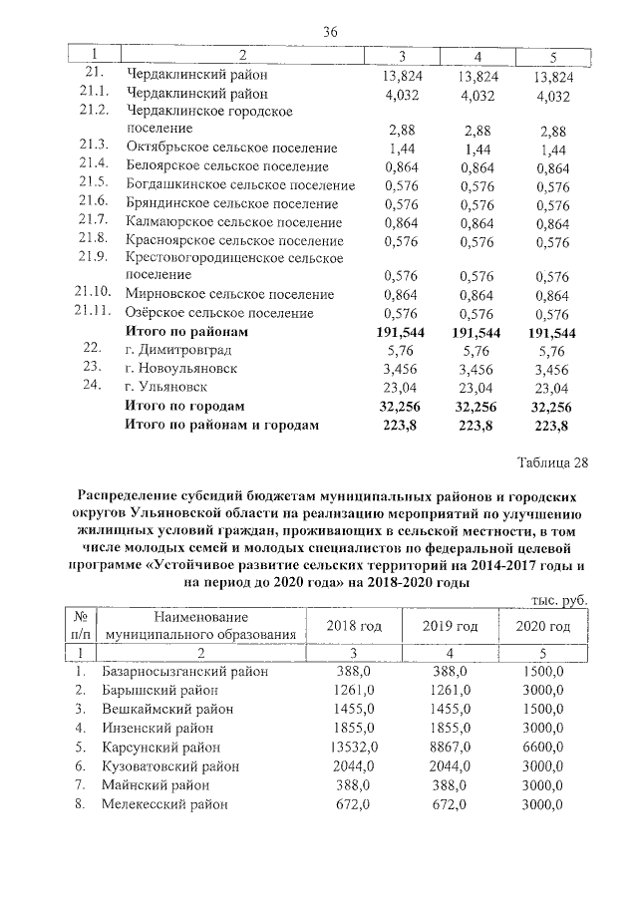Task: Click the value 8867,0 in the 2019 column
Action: [446, 747]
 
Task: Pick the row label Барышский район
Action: [163, 690]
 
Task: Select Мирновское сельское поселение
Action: [229, 294]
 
